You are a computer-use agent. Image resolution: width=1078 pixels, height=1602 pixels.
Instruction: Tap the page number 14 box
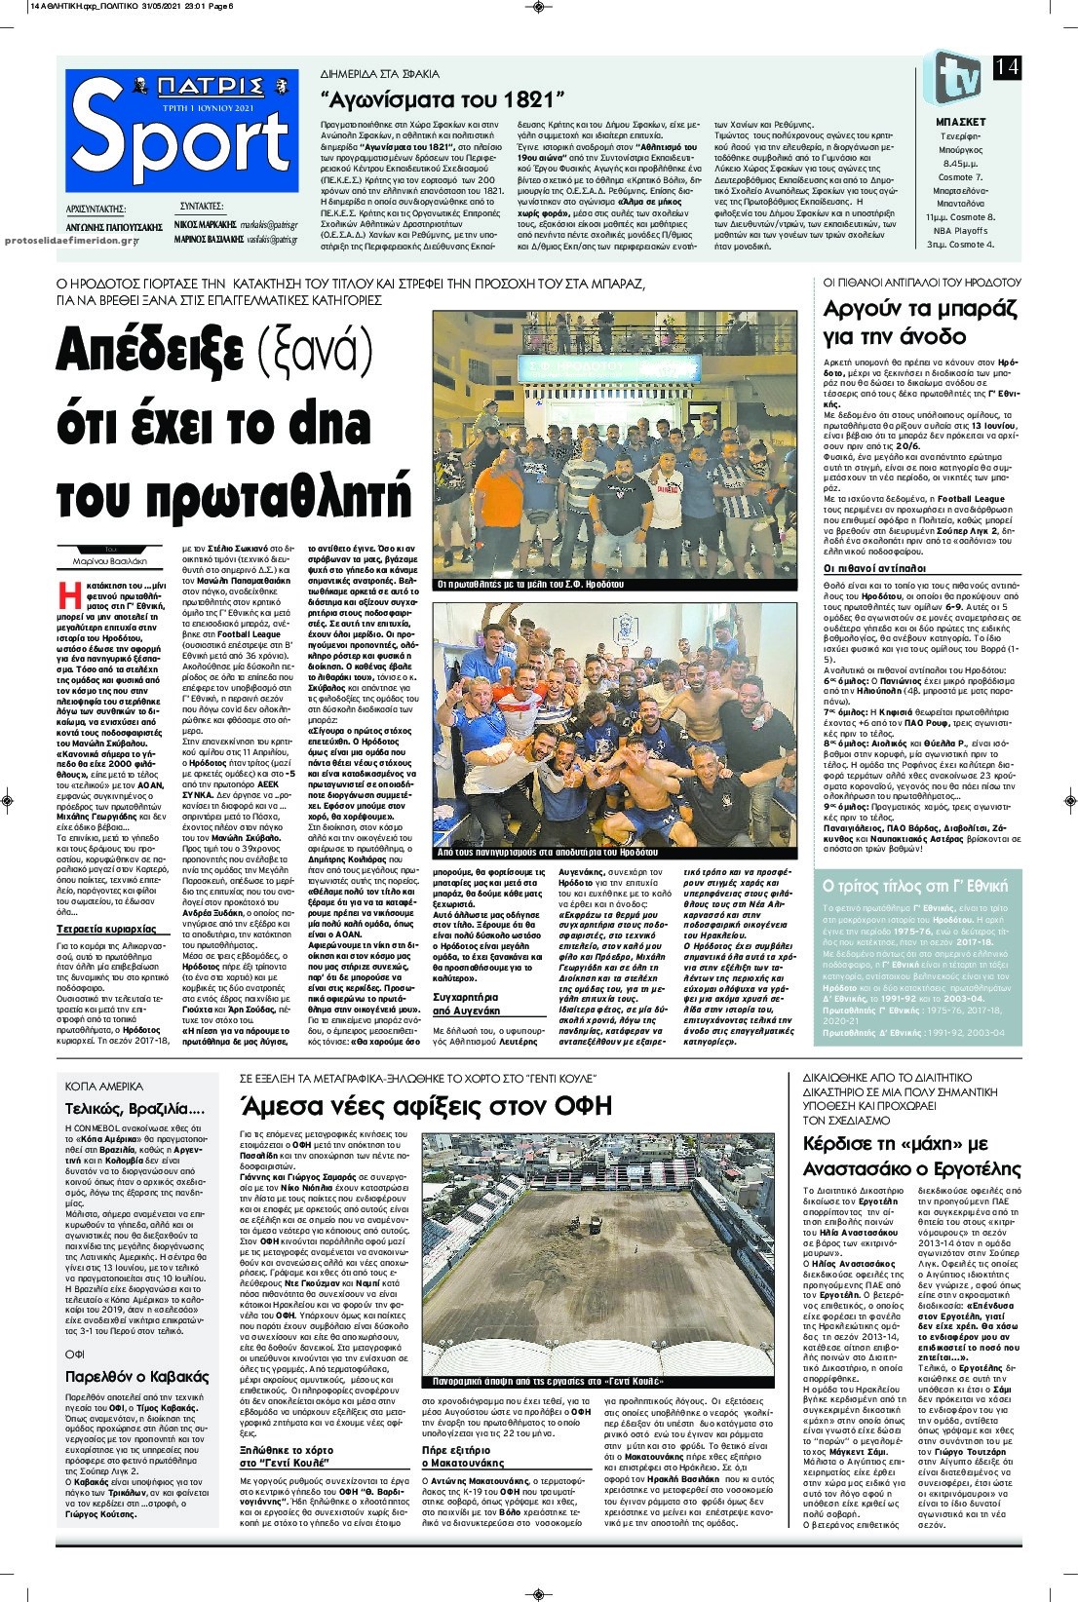(1008, 67)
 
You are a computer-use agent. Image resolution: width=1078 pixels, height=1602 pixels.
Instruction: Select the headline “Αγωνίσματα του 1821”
(443, 99)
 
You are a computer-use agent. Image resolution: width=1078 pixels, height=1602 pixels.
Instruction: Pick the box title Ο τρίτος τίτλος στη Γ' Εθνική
(915, 886)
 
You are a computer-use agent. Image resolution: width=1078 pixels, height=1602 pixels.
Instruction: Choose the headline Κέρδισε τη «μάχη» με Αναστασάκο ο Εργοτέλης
(911, 1157)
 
